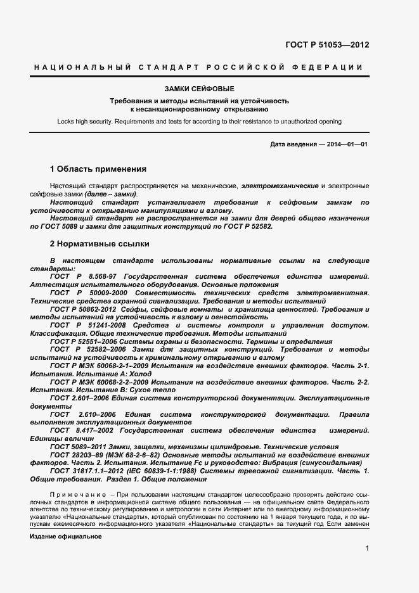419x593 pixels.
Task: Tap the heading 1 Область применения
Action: click(98, 169)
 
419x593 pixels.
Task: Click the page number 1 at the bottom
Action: click(367, 547)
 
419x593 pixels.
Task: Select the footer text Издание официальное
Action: click(66, 536)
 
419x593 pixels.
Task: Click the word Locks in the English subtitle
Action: click(65, 120)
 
